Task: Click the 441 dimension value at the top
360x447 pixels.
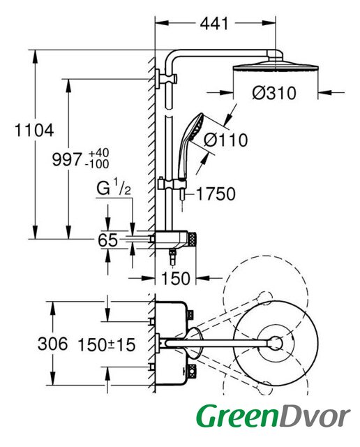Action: (214, 23)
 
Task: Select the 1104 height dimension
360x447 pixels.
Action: (34, 131)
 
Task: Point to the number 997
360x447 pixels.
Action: (67, 160)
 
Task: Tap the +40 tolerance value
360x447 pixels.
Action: (98, 153)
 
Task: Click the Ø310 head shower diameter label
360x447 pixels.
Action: (274, 93)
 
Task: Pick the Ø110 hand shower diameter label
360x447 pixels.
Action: (226, 140)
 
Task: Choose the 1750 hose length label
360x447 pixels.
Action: (216, 194)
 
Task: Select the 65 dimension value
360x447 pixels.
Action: (107, 240)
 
